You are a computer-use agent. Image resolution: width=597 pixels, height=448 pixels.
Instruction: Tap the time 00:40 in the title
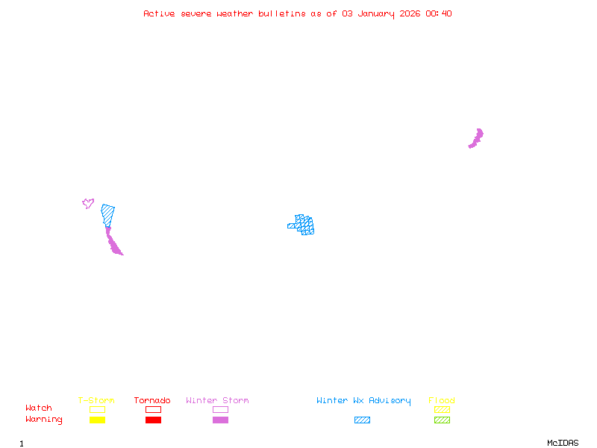pos(440,13)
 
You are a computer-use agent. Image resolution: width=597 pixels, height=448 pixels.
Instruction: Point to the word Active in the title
pos(159,13)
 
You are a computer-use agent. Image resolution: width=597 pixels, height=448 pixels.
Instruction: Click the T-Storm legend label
pos(96,400)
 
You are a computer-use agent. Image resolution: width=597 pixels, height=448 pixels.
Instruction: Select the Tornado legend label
pos(152,400)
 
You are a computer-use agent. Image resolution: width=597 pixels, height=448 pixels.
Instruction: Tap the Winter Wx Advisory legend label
pos(363,400)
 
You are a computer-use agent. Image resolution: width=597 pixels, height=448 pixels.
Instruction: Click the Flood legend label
pos(442,400)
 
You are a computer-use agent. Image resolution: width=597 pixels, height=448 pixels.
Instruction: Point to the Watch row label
pos(39,408)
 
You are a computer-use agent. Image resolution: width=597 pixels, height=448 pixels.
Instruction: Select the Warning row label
pos(44,420)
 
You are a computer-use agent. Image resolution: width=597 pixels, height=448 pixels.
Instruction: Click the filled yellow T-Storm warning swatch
pos(97,420)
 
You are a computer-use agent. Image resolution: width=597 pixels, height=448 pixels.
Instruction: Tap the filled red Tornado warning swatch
pos(153,420)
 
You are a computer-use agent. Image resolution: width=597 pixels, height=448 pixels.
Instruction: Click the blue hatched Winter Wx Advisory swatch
pos(362,420)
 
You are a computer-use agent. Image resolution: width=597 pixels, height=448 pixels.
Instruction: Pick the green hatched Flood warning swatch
pos(442,420)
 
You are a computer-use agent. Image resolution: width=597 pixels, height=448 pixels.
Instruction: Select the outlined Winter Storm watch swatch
pos(220,409)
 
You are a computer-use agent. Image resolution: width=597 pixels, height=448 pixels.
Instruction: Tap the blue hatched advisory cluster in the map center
pos(303,224)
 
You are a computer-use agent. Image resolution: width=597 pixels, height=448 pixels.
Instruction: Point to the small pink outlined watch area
pos(87,203)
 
